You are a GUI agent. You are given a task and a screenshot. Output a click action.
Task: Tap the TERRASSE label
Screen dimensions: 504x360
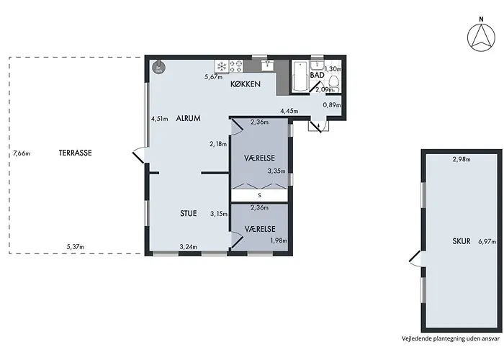pyautogui.click(x=75, y=153)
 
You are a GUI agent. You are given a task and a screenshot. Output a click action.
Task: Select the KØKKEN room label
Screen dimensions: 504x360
pyautogui.click(x=246, y=84)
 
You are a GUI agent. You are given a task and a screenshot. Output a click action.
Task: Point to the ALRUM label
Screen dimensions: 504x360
pyautogui.click(x=189, y=118)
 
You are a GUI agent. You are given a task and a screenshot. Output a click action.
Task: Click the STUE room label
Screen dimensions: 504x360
pyautogui.click(x=189, y=213)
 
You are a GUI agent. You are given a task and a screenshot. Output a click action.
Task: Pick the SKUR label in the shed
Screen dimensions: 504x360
pyautogui.click(x=462, y=241)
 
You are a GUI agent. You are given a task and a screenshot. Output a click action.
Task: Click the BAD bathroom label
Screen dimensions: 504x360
pyautogui.click(x=318, y=75)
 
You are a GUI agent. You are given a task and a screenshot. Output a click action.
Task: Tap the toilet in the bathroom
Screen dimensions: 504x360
pyautogui.click(x=334, y=82)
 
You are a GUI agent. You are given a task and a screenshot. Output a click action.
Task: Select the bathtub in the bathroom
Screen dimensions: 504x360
pyautogui.click(x=300, y=76)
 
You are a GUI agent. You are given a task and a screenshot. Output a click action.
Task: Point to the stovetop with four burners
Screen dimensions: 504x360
pyautogui.click(x=236, y=66)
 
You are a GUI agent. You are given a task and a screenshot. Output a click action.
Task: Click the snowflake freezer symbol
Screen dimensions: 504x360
pyautogui.click(x=222, y=66)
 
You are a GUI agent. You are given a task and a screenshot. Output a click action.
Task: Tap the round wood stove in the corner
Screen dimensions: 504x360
pyautogui.click(x=159, y=67)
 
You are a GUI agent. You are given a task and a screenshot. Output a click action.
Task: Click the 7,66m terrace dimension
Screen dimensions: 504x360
pyautogui.click(x=22, y=153)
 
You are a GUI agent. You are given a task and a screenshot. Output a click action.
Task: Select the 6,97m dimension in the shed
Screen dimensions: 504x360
pyautogui.click(x=487, y=242)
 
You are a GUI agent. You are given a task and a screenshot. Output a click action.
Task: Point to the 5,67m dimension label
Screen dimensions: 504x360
pyautogui.click(x=214, y=77)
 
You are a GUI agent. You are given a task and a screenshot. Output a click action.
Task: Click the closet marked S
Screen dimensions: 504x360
pyautogui.click(x=259, y=195)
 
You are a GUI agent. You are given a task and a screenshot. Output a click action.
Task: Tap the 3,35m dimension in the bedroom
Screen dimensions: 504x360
pyautogui.click(x=276, y=171)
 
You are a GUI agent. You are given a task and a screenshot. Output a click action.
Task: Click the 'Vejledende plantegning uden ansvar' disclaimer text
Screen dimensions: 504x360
pyautogui.click(x=451, y=338)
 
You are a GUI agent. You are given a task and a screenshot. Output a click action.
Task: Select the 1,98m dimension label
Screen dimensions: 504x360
pyautogui.click(x=279, y=240)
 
